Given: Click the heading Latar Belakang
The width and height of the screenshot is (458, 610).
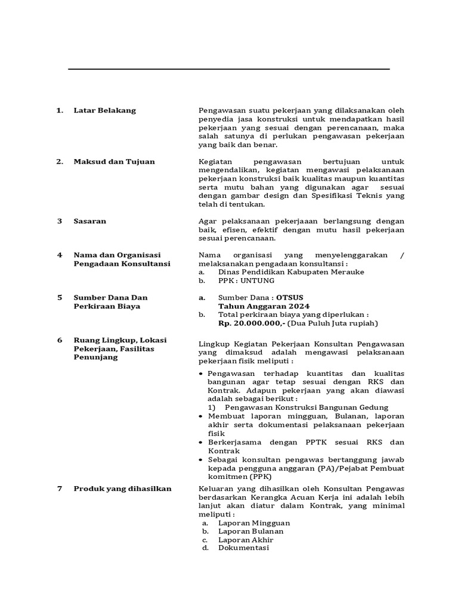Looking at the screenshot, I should pyautogui.click(x=104, y=110).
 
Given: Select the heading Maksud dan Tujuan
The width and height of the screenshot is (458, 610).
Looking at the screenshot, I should pyautogui.click(x=114, y=161).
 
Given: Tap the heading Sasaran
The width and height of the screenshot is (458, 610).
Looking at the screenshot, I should pyautogui.click(x=89, y=221).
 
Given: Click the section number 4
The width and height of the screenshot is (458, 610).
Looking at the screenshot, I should pyautogui.click(x=60, y=255).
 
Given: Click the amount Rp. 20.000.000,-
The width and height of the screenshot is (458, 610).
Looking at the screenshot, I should pyautogui.click(x=252, y=323).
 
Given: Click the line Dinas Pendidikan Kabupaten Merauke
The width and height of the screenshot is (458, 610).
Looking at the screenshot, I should pyautogui.click(x=291, y=272).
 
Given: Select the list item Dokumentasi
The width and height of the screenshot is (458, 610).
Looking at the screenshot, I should pyautogui.click(x=243, y=548).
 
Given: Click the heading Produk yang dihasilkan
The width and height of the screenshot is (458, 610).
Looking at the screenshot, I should pyautogui.click(x=122, y=488).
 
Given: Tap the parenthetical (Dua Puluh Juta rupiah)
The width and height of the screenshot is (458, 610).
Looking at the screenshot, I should pyautogui.click(x=333, y=323).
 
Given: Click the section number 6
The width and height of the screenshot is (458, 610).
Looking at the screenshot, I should pyautogui.click(x=60, y=340).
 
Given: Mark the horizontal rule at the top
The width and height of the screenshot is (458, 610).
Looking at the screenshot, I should pyautogui.click(x=229, y=70).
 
